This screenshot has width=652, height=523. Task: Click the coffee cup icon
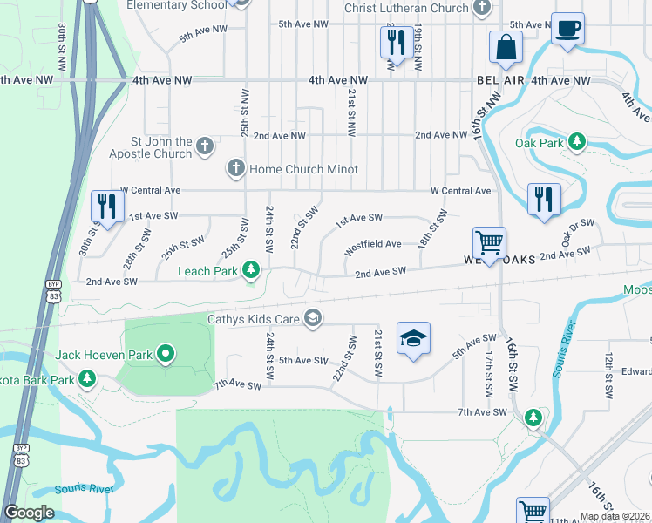pos(567,29)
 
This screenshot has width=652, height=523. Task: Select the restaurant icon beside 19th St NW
pos(397,41)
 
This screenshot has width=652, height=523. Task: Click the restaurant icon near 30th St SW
pos(107,207)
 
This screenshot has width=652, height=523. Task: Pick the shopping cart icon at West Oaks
pos(489,243)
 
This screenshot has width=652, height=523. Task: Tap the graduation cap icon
pos(413,338)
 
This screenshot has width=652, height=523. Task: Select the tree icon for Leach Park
pos(251,271)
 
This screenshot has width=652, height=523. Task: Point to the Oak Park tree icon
pos(576,141)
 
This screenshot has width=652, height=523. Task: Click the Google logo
pos(29,513)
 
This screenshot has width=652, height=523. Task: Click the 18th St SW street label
pos(432,228)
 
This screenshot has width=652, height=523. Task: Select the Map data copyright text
pos(615,516)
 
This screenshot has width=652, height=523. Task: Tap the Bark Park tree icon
pos(86,379)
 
